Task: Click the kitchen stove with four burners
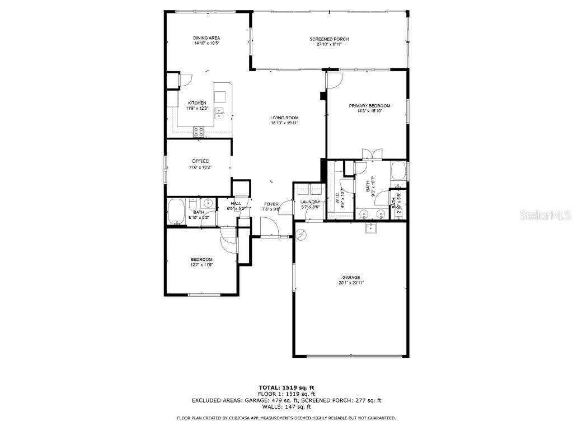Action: [199, 132]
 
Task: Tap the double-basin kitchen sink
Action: [220, 113]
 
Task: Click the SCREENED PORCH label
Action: [329, 39]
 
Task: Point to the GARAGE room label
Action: [351, 277]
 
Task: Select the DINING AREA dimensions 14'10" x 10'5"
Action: [206, 43]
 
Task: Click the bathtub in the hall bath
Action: [176, 212]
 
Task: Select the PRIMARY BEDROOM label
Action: [369, 106]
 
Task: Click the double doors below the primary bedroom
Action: [371, 154]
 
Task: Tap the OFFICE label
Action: [201, 161]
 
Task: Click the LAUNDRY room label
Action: [310, 202]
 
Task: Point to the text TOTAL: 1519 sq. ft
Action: [286, 387]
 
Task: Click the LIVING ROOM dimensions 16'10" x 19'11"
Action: [284, 123]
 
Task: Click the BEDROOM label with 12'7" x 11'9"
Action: [201, 259]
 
